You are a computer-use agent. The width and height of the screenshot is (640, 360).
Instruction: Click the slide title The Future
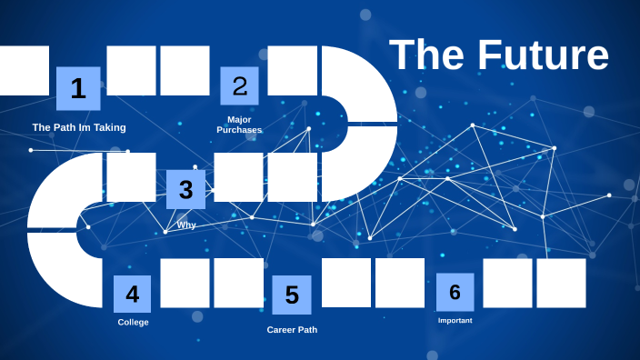(x=498, y=55)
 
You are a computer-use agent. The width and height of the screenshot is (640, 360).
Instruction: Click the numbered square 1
(x=78, y=88)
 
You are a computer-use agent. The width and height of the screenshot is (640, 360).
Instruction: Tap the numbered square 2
(x=239, y=86)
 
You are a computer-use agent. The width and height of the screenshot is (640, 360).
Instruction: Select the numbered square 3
(x=185, y=189)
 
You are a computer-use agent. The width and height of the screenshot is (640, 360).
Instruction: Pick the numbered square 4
(x=132, y=294)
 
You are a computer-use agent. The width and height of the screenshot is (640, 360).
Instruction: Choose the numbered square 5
(x=292, y=295)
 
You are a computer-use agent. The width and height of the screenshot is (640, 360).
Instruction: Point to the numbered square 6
(x=455, y=292)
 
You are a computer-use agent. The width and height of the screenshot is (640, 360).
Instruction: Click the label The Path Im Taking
(x=79, y=127)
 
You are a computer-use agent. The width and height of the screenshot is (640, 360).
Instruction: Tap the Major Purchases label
(x=239, y=125)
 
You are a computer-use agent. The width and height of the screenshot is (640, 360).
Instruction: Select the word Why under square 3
(x=186, y=225)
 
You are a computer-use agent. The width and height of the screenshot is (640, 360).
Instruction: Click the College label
(x=133, y=322)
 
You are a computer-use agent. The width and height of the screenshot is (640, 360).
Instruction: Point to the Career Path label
(x=292, y=329)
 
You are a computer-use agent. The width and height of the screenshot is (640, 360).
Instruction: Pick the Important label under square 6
(x=455, y=320)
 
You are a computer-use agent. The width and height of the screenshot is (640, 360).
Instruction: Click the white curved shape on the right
(x=364, y=123)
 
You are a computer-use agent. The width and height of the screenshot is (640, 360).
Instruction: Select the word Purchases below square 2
(x=239, y=130)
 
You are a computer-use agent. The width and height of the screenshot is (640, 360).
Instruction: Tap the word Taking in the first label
(x=109, y=127)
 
